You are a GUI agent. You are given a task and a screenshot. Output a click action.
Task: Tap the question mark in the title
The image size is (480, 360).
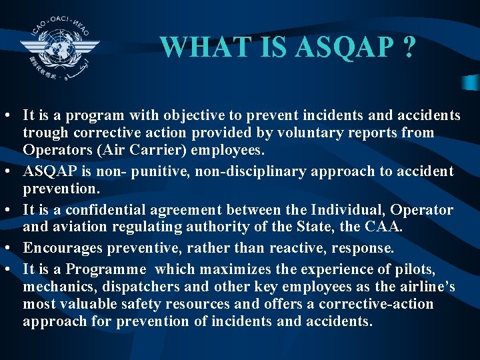tap(408, 47)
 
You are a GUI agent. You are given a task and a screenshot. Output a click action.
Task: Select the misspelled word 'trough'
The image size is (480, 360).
tap(43, 133)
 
